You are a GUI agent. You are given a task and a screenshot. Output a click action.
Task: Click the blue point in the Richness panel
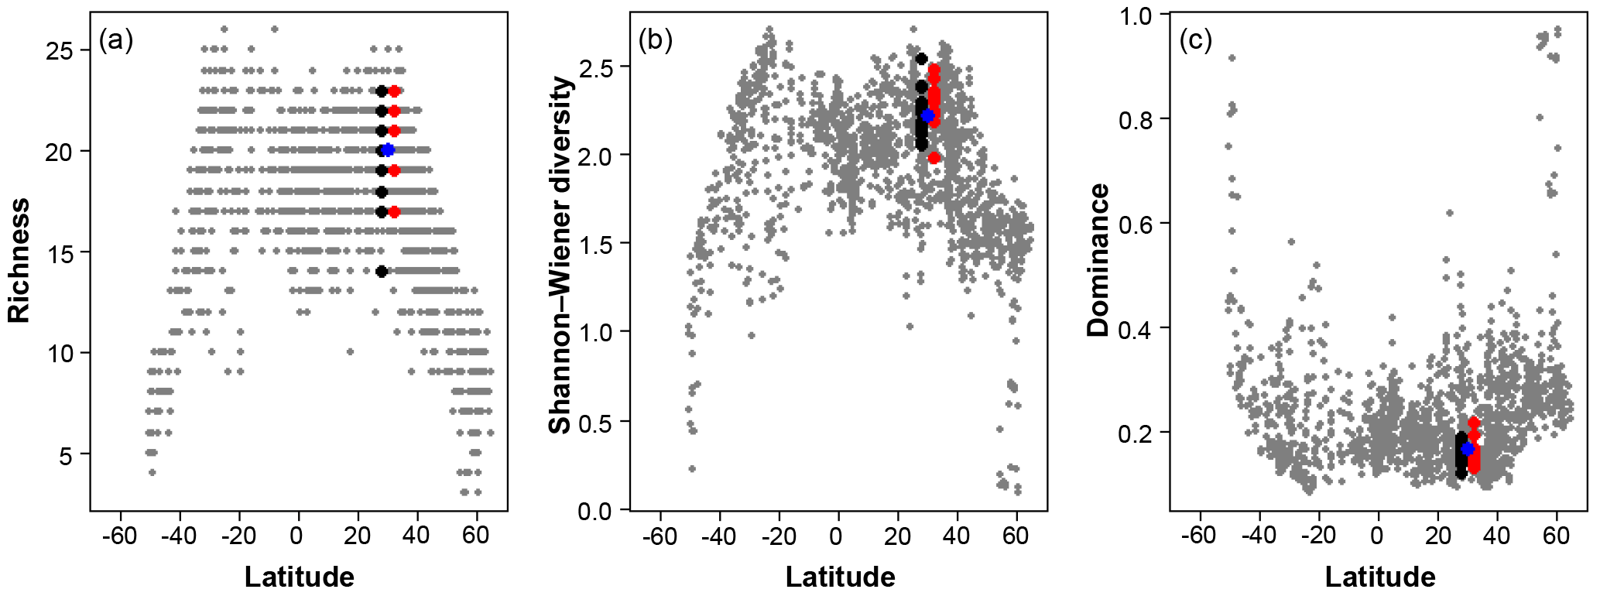[388, 150]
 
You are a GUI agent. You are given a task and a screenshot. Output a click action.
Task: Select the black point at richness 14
[382, 271]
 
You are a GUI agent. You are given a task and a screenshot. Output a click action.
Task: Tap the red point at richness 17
[394, 211]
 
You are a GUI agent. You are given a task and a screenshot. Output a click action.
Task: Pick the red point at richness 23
[394, 91]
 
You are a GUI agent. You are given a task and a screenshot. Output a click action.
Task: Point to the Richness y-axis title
[19, 260]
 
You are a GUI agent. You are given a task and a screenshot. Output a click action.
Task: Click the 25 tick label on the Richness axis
[65, 52]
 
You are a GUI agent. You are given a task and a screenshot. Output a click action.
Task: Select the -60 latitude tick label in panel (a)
[118, 536]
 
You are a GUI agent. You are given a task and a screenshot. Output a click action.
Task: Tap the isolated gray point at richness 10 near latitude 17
[350, 351]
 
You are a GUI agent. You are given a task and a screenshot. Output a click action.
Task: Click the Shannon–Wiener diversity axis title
[560, 255]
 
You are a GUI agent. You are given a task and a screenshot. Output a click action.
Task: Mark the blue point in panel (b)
[927, 115]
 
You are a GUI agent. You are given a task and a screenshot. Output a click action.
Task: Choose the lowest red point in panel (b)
[934, 158]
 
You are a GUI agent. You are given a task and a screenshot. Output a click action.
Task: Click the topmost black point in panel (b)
[921, 59]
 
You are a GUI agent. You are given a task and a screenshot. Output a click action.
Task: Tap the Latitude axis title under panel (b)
[840, 577]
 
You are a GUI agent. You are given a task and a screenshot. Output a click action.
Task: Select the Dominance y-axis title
[1098, 260]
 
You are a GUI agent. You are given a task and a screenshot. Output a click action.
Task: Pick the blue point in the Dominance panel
[1468, 449]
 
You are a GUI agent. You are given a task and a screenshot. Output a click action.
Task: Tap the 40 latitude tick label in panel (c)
[1497, 536]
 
